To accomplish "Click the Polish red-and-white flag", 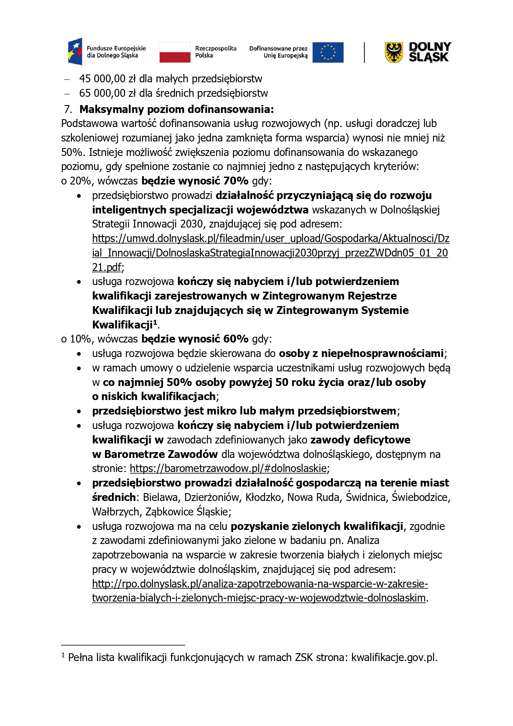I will tap(175, 53).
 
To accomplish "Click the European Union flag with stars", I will tap(328, 53).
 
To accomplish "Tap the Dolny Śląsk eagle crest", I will tap(394, 53).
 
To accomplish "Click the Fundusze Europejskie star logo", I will tap(76, 52).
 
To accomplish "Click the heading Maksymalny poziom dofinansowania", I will tap(177, 109).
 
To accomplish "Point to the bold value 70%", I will tap(236, 181).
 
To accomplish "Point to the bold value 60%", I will tap(236, 339).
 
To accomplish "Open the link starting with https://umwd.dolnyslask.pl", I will tap(270, 238).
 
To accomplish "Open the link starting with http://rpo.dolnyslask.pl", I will tap(260, 584).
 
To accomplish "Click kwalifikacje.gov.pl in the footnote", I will tap(394, 657).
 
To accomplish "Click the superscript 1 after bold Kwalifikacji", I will tap(155, 322).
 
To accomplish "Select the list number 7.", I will tap(68, 109).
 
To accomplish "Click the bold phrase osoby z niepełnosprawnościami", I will tap(361, 353).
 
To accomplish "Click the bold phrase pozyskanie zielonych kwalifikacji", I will tap(317, 526).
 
